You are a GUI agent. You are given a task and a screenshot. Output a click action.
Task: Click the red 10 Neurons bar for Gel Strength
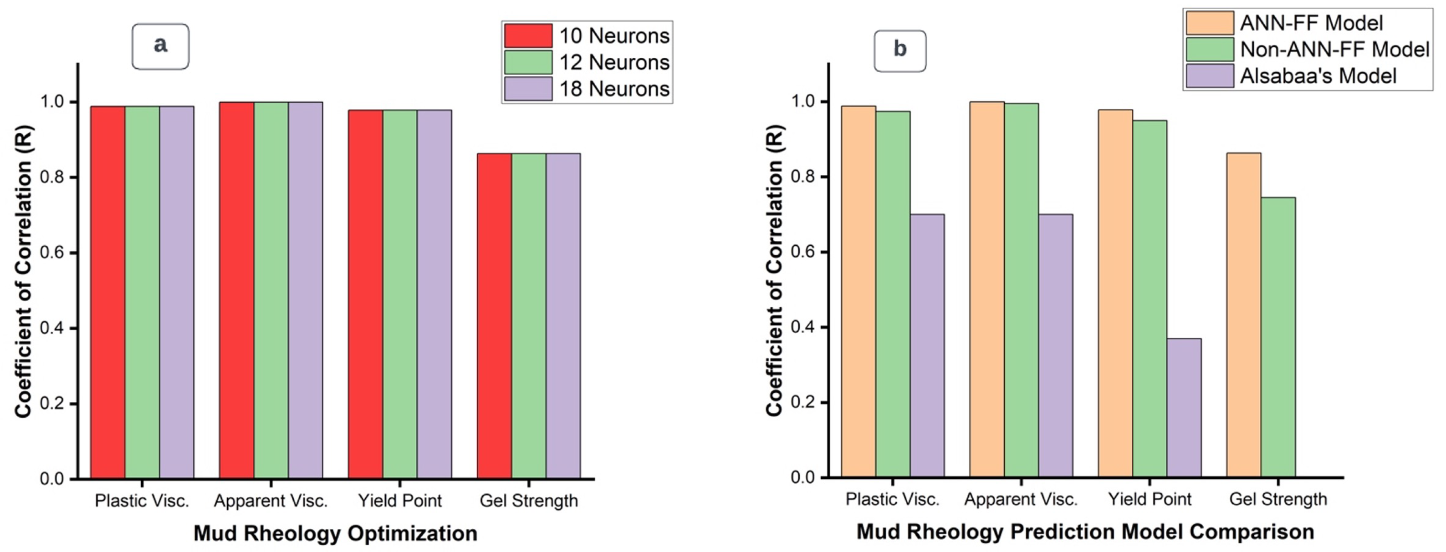(494, 316)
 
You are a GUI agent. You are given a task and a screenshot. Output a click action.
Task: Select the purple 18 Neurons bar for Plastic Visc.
(176, 292)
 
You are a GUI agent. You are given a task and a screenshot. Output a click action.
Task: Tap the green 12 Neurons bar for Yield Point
(400, 294)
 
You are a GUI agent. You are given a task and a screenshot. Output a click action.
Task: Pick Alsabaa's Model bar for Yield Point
(1184, 408)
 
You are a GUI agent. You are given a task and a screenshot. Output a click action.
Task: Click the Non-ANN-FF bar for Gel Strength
(1278, 337)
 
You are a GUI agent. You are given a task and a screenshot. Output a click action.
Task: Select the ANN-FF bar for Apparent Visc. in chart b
(987, 289)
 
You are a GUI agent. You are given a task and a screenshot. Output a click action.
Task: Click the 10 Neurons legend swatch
(528, 36)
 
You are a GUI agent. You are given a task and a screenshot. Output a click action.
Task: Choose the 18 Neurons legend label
(614, 89)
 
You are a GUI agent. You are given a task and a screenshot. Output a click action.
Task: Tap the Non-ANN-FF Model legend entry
(1334, 49)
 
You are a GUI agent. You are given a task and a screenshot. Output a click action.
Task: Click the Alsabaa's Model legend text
(1318, 76)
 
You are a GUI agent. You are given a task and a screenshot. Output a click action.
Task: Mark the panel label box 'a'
(161, 46)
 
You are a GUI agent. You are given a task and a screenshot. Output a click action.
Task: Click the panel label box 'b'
(900, 51)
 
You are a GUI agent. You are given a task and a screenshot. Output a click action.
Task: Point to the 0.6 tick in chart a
(51, 253)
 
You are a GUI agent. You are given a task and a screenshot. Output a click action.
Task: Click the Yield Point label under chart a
(400, 501)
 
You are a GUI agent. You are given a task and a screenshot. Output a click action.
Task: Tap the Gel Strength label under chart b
(1278, 499)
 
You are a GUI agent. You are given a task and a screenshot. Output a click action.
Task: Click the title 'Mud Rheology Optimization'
(335, 533)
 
